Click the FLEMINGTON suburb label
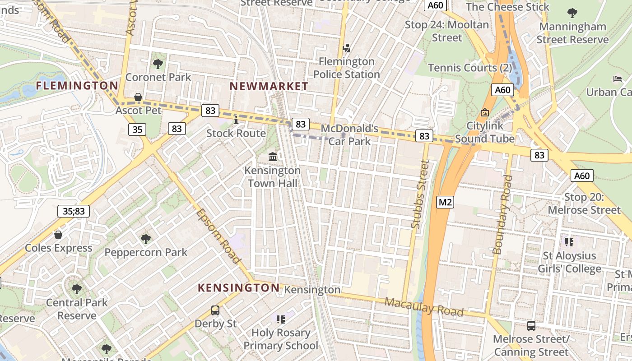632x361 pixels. pos(77,85)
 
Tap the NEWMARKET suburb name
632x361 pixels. pos(269,86)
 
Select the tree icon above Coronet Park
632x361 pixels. pos(158,64)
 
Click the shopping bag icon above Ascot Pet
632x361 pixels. pos(138,97)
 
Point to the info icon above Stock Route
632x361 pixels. pos(236,120)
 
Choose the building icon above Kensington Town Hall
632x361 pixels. pos(273,157)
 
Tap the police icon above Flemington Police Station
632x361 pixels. pos(347,47)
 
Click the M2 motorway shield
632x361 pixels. pos(445,202)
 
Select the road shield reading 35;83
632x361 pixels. pos(74,211)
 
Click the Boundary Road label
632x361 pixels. pos(502,214)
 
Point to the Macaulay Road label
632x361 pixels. pos(424,307)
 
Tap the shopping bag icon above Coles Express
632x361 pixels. pos(58,235)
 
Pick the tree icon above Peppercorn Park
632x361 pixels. pos(145,239)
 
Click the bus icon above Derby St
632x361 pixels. pos(215,310)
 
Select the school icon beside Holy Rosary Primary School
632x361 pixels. pos(281,319)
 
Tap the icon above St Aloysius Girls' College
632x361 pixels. pos(569,242)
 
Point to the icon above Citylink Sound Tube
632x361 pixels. pos(485,112)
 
